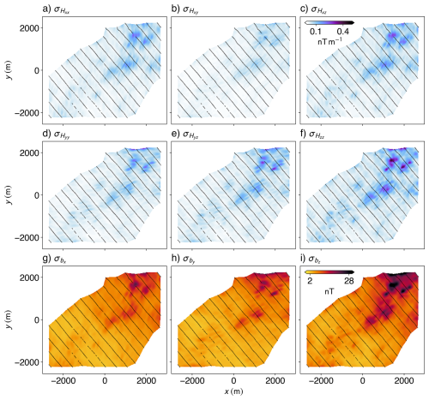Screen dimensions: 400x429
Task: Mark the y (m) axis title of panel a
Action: (x=7, y=69)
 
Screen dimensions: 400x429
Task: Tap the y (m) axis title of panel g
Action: (x=7, y=319)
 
